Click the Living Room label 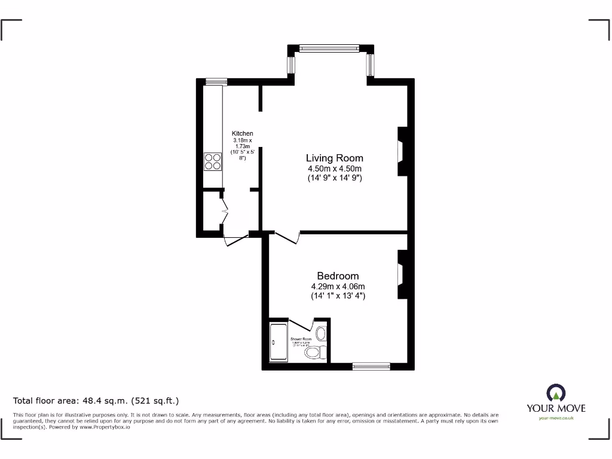click(x=334, y=158)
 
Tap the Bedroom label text click(x=338, y=276)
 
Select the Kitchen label click(x=242, y=133)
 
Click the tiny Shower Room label click(x=301, y=339)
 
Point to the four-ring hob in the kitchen click(x=213, y=162)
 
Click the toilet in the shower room click(x=315, y=352)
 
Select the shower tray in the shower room click(x=279, y=342)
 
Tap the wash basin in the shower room click(x=321, y=333)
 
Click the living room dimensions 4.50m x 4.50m click(x=334, y=169)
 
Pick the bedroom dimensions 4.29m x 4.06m click(x=338, y=286)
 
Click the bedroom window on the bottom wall click(x=371, y=366)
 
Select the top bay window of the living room click(x=329, y=48)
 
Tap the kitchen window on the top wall click(x=216, y=81)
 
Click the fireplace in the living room click(x=402, y=151)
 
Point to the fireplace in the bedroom click(x=402, y=274)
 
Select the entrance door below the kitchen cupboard click(x=235, y=241)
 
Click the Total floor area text click(x=96, y=401)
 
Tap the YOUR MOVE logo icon click(x=556, y=393)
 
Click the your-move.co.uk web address click(x=556, y=418)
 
